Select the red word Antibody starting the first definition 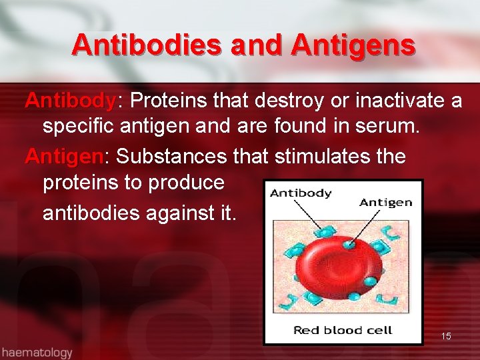click(x=70, y=101)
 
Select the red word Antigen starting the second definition click(x=63, y=157)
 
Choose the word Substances click(x=172, y=157)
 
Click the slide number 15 click(x=446, y=336)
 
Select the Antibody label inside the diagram click(x=301, y=193)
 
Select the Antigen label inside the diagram click(x=386, y=202)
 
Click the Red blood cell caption click(x=343, y=330)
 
